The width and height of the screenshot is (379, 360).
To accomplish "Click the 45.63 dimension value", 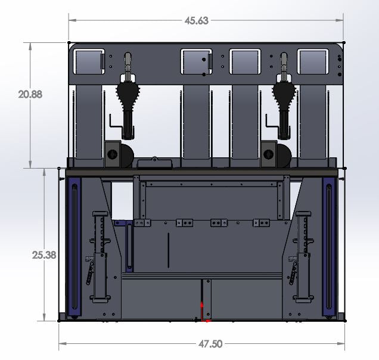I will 197,20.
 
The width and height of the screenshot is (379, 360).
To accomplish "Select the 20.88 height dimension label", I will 30,94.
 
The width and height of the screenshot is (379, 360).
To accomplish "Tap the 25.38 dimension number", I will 44,255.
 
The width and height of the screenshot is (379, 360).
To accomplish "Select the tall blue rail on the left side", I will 74,246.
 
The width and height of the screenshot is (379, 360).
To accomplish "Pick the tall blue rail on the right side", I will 329,246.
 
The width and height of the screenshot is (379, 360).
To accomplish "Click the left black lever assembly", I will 129,95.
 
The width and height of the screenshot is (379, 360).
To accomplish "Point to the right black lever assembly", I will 283,95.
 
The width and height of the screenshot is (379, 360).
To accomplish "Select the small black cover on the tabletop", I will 154,162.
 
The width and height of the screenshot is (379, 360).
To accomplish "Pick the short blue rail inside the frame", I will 128,244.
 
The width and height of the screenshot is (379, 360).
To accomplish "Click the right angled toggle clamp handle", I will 294,272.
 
